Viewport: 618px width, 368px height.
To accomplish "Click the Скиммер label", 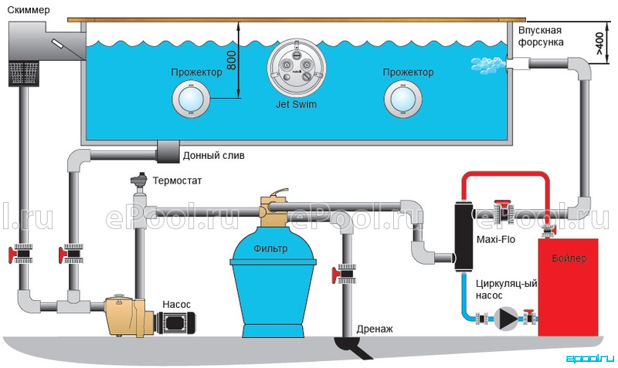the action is pos(29,10).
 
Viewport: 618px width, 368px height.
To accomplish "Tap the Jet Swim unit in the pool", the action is pos(297,67).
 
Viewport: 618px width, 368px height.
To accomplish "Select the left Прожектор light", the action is pos(191,100).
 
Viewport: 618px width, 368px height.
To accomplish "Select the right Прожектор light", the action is pos(402,100).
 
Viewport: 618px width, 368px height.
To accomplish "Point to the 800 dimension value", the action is pos(232,60).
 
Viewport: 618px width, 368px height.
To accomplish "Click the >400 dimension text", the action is pos(599,43).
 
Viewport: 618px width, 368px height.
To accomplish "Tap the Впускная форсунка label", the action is pos(540,36).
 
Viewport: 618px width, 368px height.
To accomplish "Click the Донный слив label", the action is pos(214,156).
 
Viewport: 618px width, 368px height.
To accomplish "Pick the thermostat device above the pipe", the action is pos(139,179).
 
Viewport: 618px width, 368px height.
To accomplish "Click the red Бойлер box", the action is pos(569,287).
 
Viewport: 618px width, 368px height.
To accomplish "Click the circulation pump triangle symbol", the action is pos(506,318).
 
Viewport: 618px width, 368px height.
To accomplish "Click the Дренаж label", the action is pos(375,329).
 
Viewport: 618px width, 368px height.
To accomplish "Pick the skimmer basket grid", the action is pos(24,73).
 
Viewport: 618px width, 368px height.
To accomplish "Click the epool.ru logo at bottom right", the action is pos(590,358).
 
